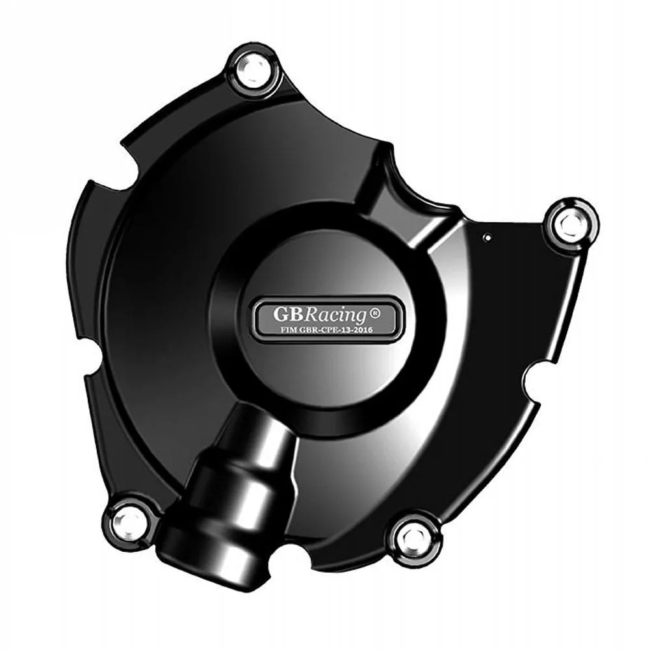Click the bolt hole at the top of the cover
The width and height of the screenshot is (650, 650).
pyautogui.click(x=253, y=71)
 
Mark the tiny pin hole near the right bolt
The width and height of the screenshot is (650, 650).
pyautogui.click(x=486, y=239)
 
